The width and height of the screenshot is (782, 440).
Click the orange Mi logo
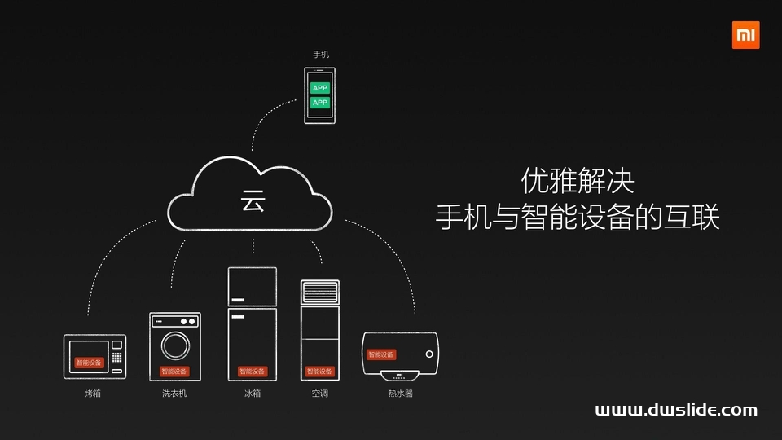pos(745,35)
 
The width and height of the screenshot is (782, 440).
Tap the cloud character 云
pos(253,201)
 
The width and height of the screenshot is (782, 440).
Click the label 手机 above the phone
pos(321,55)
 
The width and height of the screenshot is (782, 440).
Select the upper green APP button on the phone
pos(320,88)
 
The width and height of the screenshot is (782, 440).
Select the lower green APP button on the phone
pos(320,103)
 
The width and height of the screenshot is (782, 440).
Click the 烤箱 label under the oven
pos(93,394)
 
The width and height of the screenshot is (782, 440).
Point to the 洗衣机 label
pos(174,394)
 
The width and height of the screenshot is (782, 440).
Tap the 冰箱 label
pos(253,394)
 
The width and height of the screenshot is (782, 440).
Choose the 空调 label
pos(320,394)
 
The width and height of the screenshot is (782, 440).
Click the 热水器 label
pos(400,394)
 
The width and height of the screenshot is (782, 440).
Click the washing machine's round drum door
pos(175,345)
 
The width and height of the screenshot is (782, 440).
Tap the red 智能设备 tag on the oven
pos(89,363)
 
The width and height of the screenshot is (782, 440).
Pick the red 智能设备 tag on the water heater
pos(381,354)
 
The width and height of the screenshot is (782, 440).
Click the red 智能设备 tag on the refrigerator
pos(253,372)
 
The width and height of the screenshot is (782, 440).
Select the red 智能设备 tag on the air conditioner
pos(320,372)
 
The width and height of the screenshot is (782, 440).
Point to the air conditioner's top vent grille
pos(320,292)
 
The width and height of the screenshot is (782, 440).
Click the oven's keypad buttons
pos(117,357)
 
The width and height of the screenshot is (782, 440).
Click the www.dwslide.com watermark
pos(676,411)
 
